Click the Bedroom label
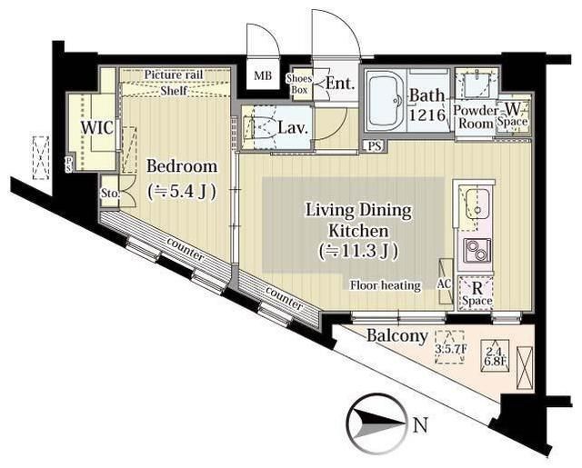[182, 165]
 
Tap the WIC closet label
[97, 128]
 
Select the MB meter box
[263, 76]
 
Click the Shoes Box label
[299, 85]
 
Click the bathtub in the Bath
[386, 99]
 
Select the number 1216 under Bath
[427, 115]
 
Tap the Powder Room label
[476, 117]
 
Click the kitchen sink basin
[477, 202]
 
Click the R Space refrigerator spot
[477, 294]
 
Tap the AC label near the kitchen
[444, 284]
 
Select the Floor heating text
[386, 285]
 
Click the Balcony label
[397, 336]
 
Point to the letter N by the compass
[420, 425]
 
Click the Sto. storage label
[110, 194]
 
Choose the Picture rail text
[174, 75]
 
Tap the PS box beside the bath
[375, 146]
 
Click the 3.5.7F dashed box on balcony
[450, 347]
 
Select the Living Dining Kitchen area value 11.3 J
[359, 251]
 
